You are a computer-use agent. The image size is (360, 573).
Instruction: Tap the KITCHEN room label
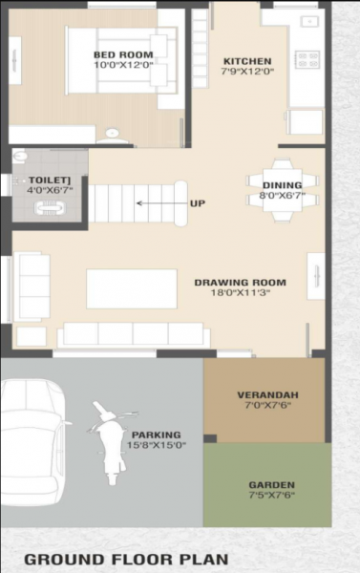tap(246, 60)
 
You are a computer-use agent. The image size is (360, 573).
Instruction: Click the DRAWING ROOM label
tap(240, 283)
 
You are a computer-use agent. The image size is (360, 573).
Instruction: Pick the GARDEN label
tap(271, 484)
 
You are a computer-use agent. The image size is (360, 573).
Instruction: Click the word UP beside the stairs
tap(197, 203)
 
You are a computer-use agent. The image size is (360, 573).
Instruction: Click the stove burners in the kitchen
tap(307, 59)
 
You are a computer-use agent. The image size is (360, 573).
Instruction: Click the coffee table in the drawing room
tap(131, 288)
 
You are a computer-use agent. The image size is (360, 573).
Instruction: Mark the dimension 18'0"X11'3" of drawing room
tap(240, 295)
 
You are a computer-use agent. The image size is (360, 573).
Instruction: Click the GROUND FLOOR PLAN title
tap(126, 558)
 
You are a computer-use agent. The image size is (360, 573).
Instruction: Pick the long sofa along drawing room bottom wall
tap(132, 334)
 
